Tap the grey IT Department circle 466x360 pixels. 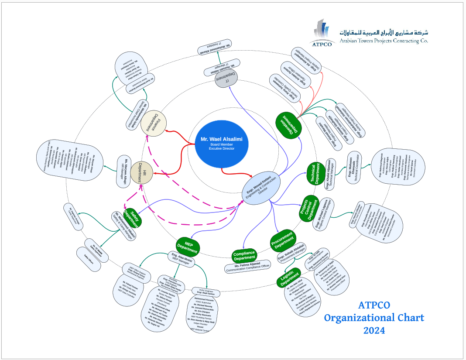(x=227, y=78)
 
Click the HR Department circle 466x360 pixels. (x=142, y=172)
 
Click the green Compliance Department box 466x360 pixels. (x=244, y=256)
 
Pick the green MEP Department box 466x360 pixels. (x=188, y=246)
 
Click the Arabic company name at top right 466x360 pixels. (x=384, y=32)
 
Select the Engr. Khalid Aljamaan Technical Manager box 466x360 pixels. (x=330, y=175)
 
